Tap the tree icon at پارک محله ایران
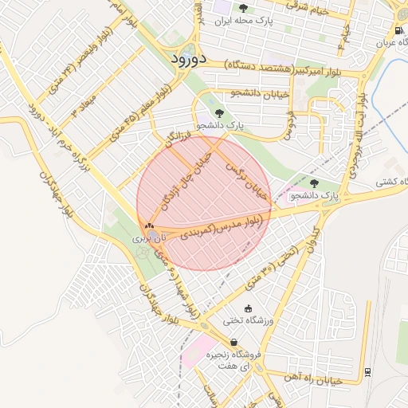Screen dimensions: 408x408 click(243, 8)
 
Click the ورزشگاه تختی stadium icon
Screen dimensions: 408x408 click(248, 308)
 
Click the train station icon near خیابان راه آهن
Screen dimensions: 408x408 click(366, 371)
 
